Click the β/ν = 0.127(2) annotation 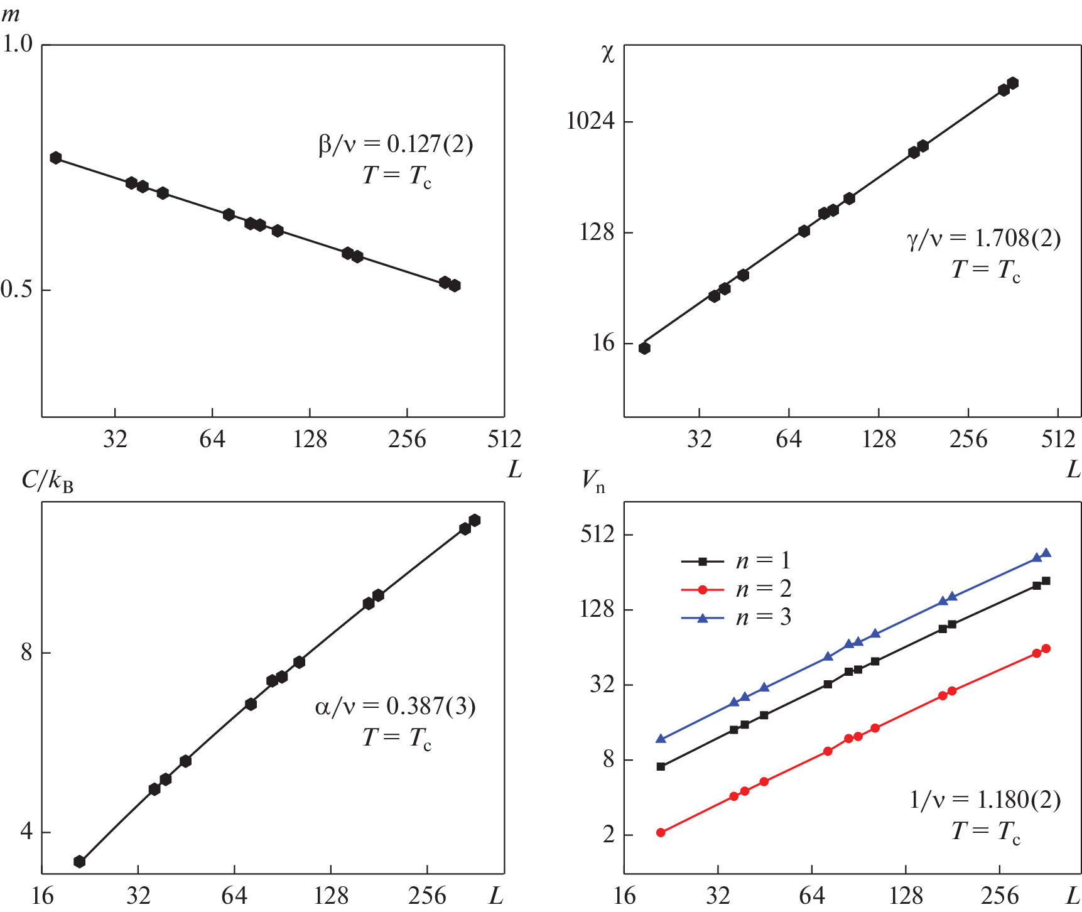(396, 144)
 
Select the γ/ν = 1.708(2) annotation (983, 239)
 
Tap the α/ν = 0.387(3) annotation (395, 707)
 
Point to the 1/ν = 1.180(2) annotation (985, 800)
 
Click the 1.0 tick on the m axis (18, 44)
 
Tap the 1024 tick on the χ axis (590, 120)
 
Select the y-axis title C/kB (48, 481)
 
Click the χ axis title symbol (607, 55)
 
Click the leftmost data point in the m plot (56, 158)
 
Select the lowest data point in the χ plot (644, 348)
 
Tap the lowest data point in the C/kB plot (80, 861)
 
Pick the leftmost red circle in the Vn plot (661, 832)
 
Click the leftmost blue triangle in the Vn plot (661, 739)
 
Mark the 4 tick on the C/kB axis (26, 832)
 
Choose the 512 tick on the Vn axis (597, 535)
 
